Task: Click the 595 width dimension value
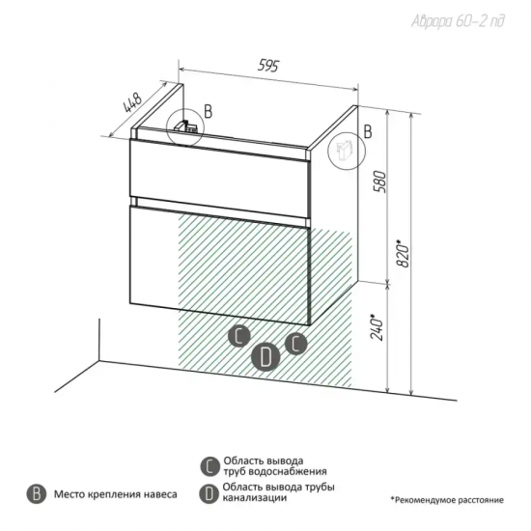[x=268, y=65]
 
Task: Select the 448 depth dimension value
[x=132, y=102]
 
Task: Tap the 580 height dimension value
[x=380, y=182]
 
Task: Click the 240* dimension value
[x=377, y=327]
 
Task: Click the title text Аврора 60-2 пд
[x=458, y=21]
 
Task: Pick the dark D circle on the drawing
[x=265, y=357]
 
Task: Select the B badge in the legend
[x=37, y=494]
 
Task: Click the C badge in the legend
[x=210, y=466]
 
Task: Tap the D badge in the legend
[x=209, y=493]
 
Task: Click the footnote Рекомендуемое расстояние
[x=447, y=500]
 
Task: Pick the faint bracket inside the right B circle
[x=344, y=151]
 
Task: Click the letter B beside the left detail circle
[x=208, y=111]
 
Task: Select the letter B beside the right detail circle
[x=368, y=131]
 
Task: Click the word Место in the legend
[x=70, y=494]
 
